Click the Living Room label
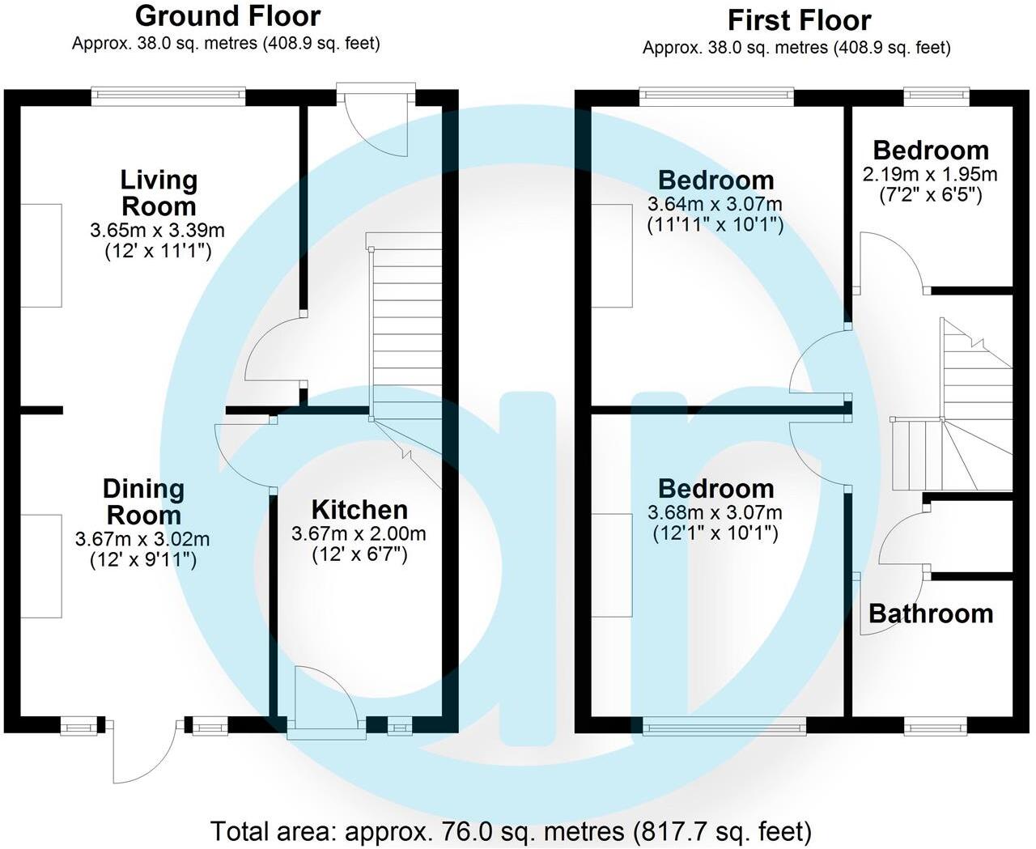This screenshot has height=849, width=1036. click(159, 193)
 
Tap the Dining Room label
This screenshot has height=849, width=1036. click(143, 502)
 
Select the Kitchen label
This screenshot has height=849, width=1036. click(359, 510)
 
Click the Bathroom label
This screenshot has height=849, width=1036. click(931, 613)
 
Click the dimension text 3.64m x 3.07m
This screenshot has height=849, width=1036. click(715, 204)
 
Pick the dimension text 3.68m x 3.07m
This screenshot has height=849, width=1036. click(715, 512)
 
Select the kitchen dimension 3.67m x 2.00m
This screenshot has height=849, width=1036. click(359, 534)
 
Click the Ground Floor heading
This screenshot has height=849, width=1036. click(227, 16)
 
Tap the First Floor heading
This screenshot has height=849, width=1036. click(799, 20)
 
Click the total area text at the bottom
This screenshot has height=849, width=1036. click(511, 831)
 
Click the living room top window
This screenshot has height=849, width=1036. click(168, 96)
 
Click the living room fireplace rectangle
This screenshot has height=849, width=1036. click(40, 255)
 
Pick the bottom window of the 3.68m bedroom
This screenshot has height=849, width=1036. click(724, 726)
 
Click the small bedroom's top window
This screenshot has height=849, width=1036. click(936, 96)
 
